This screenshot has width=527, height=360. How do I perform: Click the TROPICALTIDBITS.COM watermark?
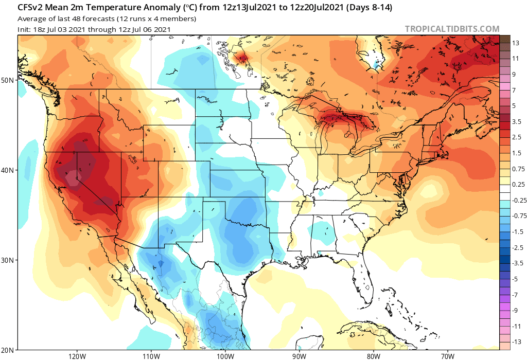coord(452,29)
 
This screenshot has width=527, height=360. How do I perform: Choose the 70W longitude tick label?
coord(447,355)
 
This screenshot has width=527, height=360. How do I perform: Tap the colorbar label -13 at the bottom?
coord(516,341)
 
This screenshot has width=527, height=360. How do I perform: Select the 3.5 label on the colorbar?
coord(517,121)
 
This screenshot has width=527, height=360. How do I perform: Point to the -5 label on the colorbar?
coord(515,279)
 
